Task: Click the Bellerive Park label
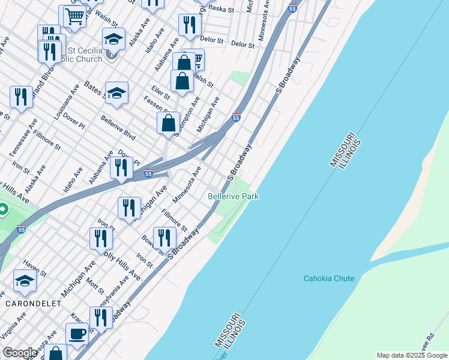coord(233,196)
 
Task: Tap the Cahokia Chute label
coord(328,278)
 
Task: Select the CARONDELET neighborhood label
coord(33,304)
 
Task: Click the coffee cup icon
coord(77,334)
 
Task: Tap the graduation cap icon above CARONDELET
coord(25,280)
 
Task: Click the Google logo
coord(19,353)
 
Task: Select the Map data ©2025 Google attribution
coord(411,355)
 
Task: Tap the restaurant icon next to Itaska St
coord(189,25)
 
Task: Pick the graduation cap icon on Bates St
coord(117,92)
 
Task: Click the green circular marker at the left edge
coord(2,210)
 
